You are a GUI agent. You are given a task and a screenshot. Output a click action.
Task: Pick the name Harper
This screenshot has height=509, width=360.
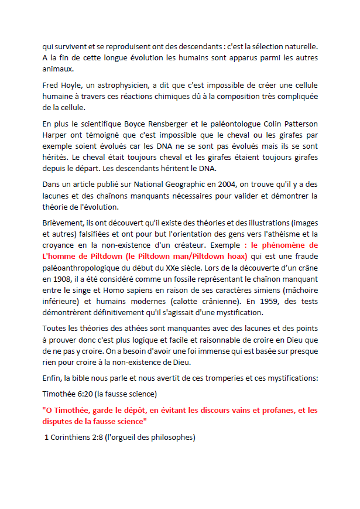click(x=56, y=136)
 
